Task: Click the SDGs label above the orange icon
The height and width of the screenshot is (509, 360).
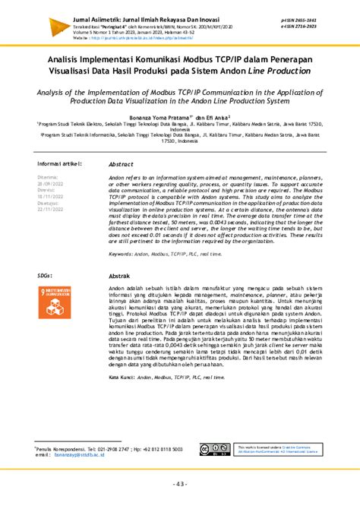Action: click(x=45, y=276)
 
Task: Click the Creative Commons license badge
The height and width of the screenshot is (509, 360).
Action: click(x=210, y=451)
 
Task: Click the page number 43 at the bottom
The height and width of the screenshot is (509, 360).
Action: click(x=179, y=485)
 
